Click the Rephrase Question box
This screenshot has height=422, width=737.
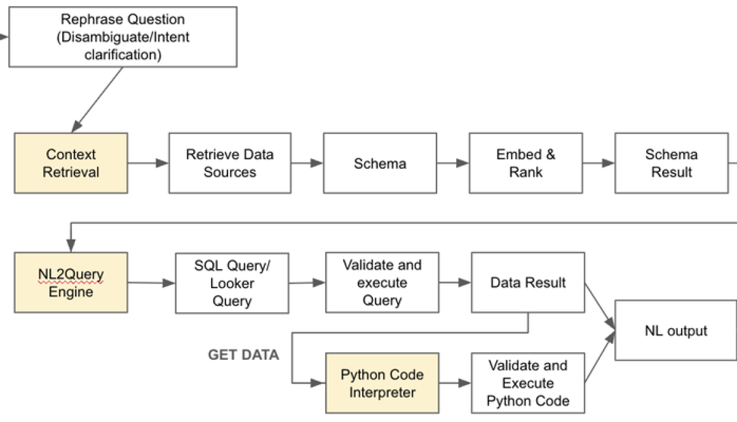[123, 37]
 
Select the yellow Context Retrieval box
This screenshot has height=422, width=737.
[71, 163]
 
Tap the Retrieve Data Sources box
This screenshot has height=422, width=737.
[229, 163]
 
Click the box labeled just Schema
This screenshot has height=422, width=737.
[380, 163]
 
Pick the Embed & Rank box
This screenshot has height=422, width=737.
[525, 163]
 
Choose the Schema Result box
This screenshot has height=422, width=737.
[671, 163]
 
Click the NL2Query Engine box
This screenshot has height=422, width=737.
[71, 282]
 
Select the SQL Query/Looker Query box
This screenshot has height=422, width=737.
[231, 282]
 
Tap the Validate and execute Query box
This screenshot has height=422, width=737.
[382, 282]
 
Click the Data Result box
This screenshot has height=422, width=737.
[527, 282]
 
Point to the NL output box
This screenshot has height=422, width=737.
[675, 331]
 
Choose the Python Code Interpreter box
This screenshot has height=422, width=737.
[382, 383]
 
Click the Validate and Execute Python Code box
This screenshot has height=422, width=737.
[527, 383]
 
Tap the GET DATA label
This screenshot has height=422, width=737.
[243, 355]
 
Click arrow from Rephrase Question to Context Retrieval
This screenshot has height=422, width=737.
[98, 100]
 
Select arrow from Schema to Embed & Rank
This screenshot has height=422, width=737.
[452, 163]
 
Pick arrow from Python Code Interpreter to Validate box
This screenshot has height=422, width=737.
[455, 383]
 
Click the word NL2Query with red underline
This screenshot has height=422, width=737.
[71, 275]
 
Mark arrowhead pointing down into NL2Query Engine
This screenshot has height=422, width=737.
[70, 246]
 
